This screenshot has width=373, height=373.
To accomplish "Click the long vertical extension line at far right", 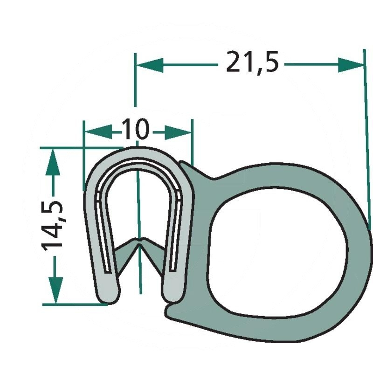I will [365, 140].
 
